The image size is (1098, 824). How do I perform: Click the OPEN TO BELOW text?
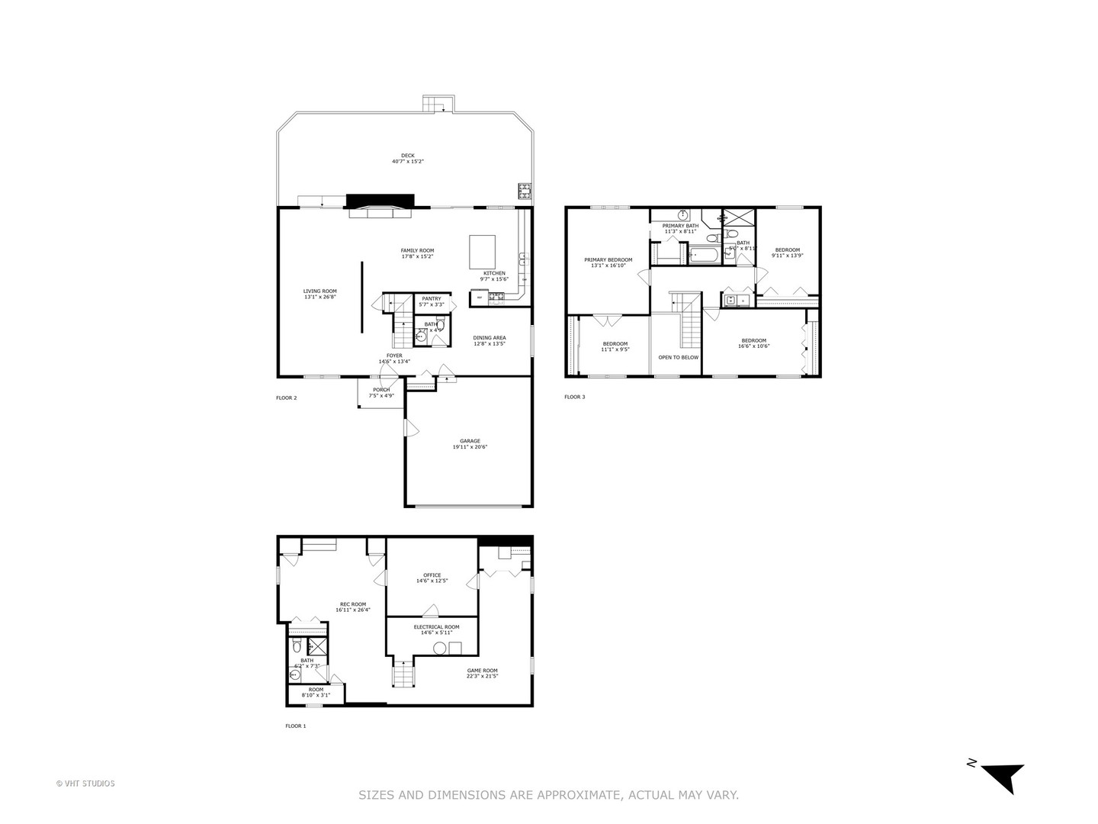(678, 357)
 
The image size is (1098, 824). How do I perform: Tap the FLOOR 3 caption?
(574, 397)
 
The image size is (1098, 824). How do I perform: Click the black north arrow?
(1002, 776)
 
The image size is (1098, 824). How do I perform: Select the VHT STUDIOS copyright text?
(85, 783)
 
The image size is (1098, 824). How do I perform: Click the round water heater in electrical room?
(439, 649)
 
